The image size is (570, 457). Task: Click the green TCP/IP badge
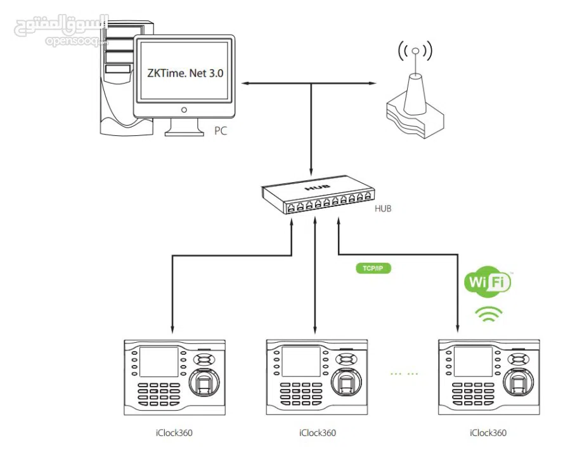pos(373,268)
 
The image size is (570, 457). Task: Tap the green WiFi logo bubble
pos(488,282)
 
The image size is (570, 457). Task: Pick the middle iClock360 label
pos(317,434)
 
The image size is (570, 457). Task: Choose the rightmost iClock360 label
pos(488,434)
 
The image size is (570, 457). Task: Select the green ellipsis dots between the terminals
pos(405,374)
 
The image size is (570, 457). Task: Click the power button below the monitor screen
pos(184,109)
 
